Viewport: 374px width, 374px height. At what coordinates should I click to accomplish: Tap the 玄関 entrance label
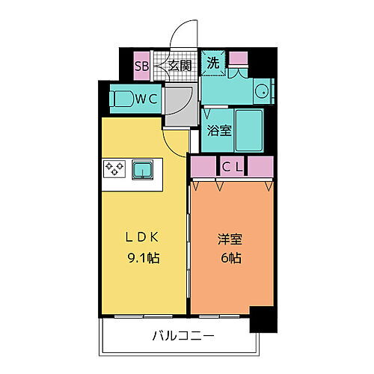point(180,65)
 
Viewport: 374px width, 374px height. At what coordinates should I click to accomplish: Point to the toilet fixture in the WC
point(121,97)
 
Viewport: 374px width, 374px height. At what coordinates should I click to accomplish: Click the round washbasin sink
point(260,91)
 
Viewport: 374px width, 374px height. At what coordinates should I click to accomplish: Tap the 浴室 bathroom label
point(220,129)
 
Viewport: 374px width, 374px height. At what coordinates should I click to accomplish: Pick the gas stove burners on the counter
point(114,169)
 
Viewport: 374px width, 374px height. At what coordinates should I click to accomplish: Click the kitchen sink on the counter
point(142,170)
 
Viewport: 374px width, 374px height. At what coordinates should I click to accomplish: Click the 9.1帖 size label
point(144,259)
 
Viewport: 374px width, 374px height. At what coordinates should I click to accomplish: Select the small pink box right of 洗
point(238,58)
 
